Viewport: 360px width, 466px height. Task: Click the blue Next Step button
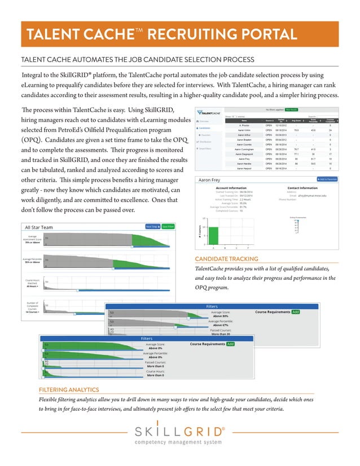click(x=152, y=227)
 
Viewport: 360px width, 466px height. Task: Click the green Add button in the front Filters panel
click(x=230, y=343)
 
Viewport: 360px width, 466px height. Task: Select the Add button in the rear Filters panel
click(x=296, y=311)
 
